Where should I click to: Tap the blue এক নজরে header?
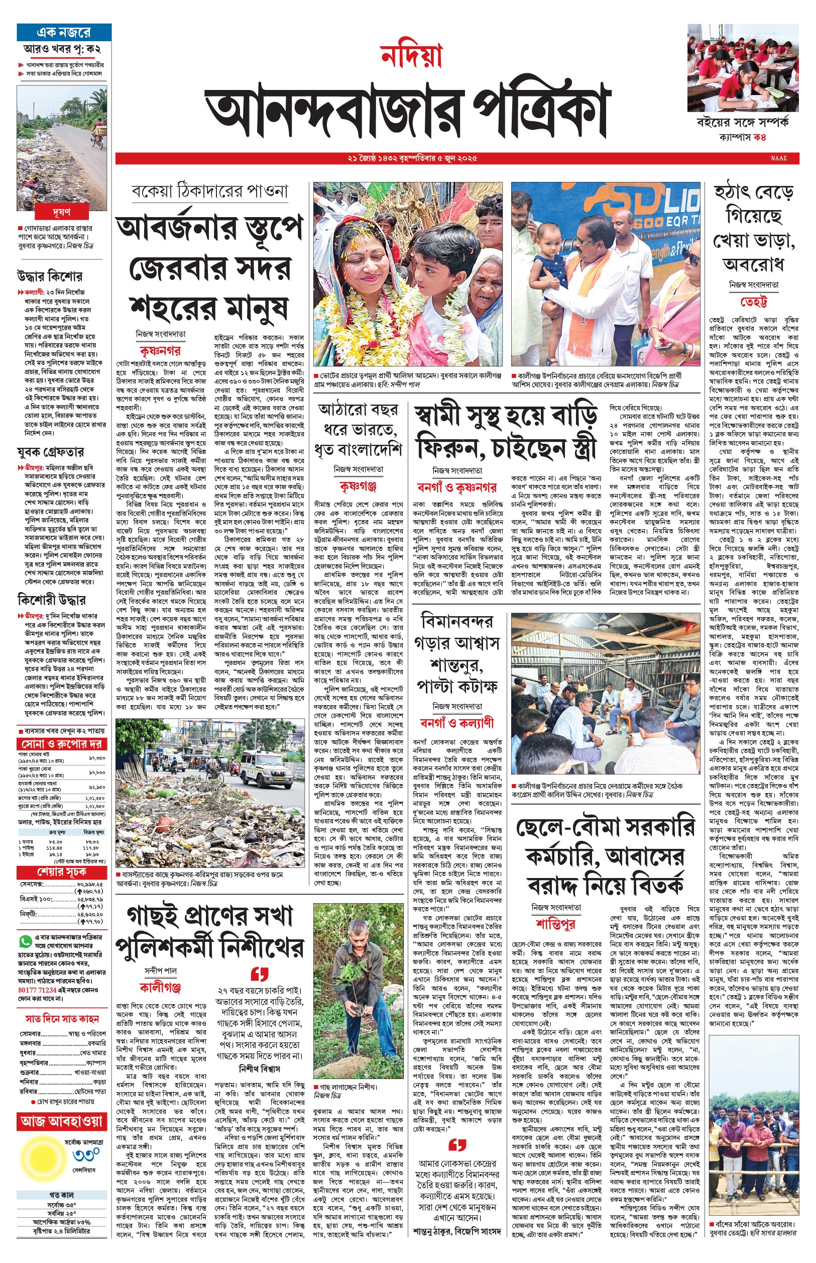pyautogui.click(x=64, y=32)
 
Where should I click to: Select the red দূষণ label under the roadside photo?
pyautogui.click(x=61, y=212)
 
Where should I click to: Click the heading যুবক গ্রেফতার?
pyautogui.click(x=50, y=452)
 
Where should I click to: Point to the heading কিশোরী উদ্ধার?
pyautogui.click(x=51, y=600)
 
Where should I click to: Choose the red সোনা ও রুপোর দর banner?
pyautogui.click(x=62, y=743)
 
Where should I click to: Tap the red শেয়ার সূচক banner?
pyautogui.click(x=62, y=872)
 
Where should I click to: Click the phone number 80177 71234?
pyautogui.click(x=37, y=990)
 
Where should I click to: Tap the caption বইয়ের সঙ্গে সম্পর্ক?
pyautogui.click(x=742, y=122)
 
